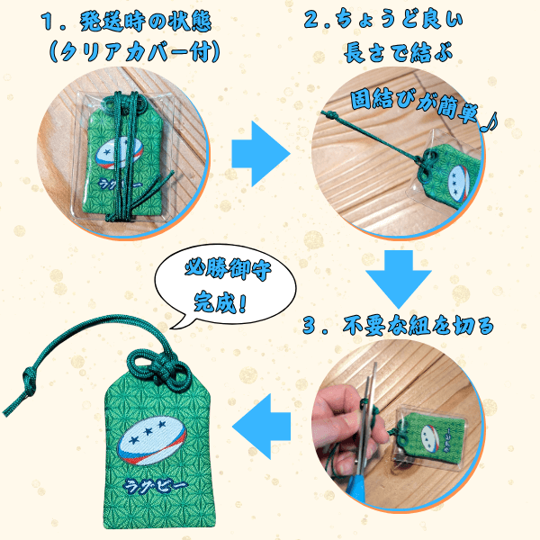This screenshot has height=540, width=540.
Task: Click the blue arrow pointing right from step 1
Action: click(x=261, y=154)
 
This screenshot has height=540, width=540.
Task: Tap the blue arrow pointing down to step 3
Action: click(x=399, y=279)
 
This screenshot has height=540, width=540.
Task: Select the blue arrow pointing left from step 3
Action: click(x=261, y=427)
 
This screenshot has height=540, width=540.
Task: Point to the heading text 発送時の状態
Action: click(x=146, y=22)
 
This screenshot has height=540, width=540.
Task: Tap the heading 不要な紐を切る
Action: click(x=418, y=326)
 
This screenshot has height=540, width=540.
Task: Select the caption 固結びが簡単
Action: click(x=414, y=105)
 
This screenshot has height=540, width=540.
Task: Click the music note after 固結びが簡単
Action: click(x=490, y=122)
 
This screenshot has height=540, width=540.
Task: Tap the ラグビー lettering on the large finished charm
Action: click(x=156, y=486)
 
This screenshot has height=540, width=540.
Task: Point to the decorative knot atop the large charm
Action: click(x=159, y=367)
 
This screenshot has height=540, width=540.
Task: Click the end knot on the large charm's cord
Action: click(x=29, y=381)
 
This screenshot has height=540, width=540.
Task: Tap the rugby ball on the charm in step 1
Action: click(x=119, y=154)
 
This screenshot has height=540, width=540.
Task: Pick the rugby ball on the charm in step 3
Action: click(x=430, y=438)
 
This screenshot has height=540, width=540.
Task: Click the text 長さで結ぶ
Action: click(x=398, y=53)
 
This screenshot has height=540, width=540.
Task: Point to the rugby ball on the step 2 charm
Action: click(x=459, y=183)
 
